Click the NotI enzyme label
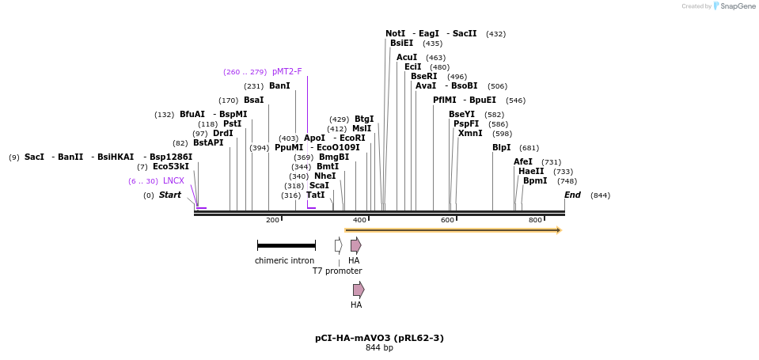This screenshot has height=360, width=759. pyautogui.click(x=395, y=34)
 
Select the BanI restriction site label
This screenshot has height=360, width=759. pyautogui.click(x=279, y=86)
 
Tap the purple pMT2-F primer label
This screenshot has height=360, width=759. pyautogui.click(x=287, y=72)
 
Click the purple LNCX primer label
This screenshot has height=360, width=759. pyautogui.click(x=173, y=181)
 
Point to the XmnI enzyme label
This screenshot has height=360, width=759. pyautogui.click(x=470, y=134)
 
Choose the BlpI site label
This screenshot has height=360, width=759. pyautogui.click(x=502, y=148)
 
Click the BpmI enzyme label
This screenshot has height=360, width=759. pyautogui.click(x=535, y=181)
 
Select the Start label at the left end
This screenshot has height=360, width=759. pyautogui.click(x=169, y=195)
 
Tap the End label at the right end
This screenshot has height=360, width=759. pyautogui.click(x=572, y=195)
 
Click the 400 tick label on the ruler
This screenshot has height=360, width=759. pyautogui.click(x=360, y=220)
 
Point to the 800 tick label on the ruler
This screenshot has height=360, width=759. pyautogui.click(x=535, y=220)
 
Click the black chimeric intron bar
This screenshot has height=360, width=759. pyautogui.click(x=286, y=245)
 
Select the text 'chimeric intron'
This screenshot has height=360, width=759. pyautogui.click(x=284, y=260)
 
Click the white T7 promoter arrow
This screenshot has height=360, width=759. pyautogui.click(x=338, y=245)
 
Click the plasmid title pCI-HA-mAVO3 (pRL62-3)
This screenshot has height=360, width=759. pyautogui.click(x=379, y=338)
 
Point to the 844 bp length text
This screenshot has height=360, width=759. pyautogui.click(x=379, y=348)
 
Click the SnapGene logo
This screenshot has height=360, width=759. pyautogui.click(x=734, y=6)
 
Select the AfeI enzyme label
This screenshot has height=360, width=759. pyautogui.click(x=523, y=162)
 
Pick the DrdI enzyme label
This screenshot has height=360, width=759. pyautogui.click(x=223, y=134)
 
